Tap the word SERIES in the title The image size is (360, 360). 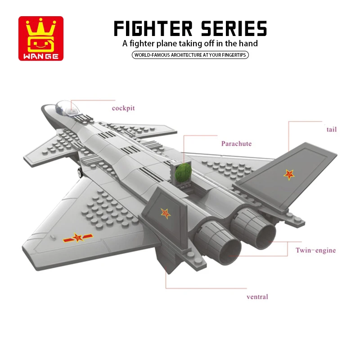tap(233, 28)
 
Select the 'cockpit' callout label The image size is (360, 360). tap(123, 108)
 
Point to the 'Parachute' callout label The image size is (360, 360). tap(236, 144)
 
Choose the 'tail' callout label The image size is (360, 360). tap(331, 130)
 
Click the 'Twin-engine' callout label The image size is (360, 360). tap(315, 250)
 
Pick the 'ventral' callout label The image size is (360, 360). tap(257, 297)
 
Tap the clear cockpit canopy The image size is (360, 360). tap(63, 107)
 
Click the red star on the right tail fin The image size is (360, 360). tap(288, 174)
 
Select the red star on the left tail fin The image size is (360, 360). tap(166, 213)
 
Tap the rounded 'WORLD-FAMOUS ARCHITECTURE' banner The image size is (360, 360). tap(190, 55)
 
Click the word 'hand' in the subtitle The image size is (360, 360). tap(248, 44)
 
